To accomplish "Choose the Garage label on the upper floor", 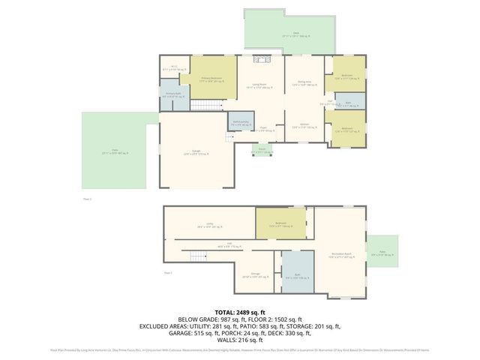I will click(195, 152).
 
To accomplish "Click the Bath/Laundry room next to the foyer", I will click(240, 123).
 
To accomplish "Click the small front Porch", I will click(262, 150).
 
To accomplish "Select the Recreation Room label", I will click(342, 256).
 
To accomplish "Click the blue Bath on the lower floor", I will click(295, 277).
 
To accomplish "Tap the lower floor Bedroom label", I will click(281, 224).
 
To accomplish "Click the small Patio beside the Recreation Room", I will click(382, 256).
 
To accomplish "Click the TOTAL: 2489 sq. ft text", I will click(240, 312).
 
